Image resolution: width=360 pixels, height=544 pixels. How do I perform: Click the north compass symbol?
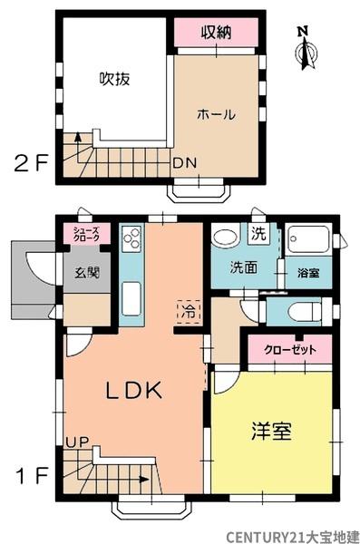click(306, 50)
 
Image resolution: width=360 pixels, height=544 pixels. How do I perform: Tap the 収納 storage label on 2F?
click(217, 33)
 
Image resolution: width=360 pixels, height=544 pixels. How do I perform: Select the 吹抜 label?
click(115, 78)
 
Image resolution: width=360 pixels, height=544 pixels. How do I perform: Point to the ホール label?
click(217, 114)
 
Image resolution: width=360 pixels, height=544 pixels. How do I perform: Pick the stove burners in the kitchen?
click(131, 240)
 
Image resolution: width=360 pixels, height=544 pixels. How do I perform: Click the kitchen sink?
click(131, 296)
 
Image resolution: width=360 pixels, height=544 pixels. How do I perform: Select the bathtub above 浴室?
click(307, 241)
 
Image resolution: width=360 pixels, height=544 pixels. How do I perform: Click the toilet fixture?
click(295, 309)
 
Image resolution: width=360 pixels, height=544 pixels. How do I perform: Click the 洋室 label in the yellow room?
click(271, 431)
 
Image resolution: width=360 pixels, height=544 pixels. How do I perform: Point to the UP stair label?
click(76, 442)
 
